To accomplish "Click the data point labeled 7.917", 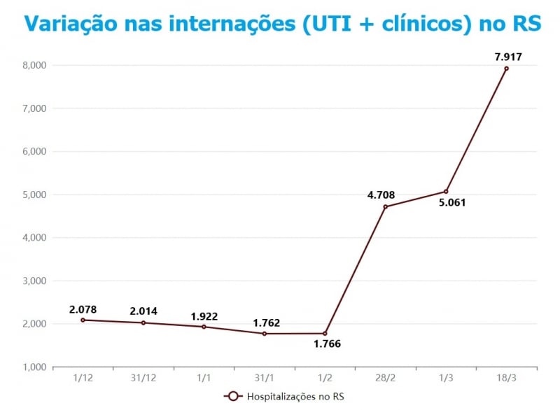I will (x=506, y=69).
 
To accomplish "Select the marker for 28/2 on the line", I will (x=385, y=206).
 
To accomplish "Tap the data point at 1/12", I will (x=83, y=320).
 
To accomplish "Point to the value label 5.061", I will (x=451, y=204).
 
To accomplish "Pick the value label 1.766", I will (x=326, y=345).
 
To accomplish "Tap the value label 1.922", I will (x=204, y=316).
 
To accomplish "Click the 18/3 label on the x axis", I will (x=506, y=378).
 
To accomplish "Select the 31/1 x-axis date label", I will (x=264, y=378).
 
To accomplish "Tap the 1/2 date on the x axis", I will (x=325, y=378).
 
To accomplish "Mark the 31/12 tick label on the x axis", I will (x=143, y=378).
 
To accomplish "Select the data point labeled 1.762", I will (x=264, y=333).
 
